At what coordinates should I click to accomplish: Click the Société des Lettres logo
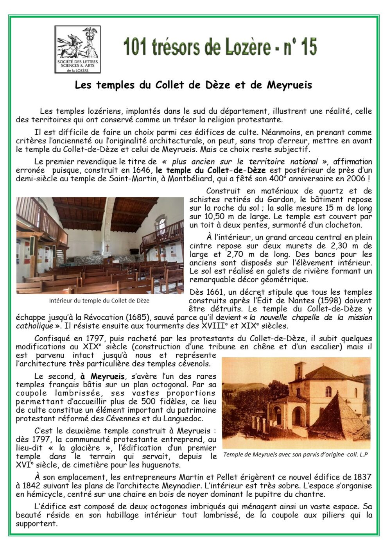[77, 49]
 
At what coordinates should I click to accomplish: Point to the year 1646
[142, 170]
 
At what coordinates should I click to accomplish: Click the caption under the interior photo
[99, 301]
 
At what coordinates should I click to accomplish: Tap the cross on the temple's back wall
[107, 248]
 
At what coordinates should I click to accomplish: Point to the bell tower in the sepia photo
[300, 374]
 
